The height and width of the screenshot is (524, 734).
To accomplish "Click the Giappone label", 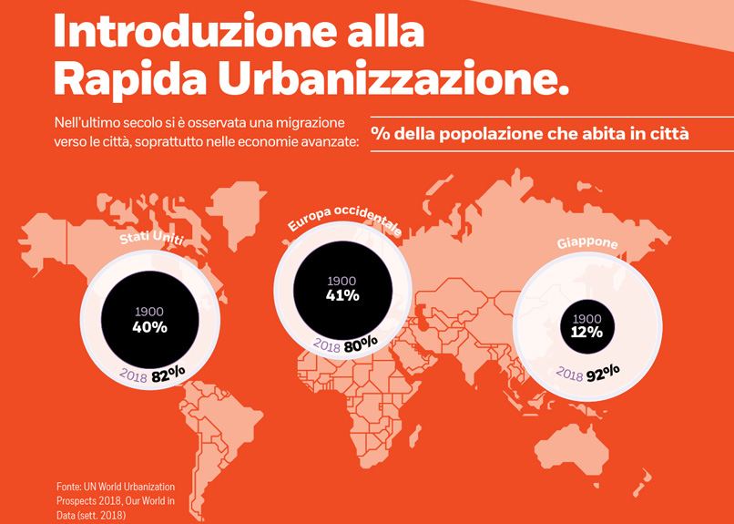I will [x=587, y=243].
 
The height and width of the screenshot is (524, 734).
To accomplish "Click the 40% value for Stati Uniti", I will [x=150, y=327].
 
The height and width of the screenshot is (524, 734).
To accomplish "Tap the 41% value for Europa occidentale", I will [x=342, y=294].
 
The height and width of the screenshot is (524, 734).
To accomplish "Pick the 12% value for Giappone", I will [x=587, y=332].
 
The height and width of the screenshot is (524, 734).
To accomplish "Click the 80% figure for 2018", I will [x=361, y=344].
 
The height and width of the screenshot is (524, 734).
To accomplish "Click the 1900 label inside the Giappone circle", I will [x=587, y=318].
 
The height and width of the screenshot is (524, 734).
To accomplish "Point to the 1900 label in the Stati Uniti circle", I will [x=150, y=312].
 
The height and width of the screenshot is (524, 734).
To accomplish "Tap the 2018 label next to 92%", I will [x=569, y=375].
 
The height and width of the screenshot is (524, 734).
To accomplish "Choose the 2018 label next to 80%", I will [x=327, y=345].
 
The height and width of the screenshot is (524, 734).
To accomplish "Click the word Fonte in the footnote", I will [x=70, y=487].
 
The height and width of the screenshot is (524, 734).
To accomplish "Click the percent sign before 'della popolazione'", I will [x=381, y=134].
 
